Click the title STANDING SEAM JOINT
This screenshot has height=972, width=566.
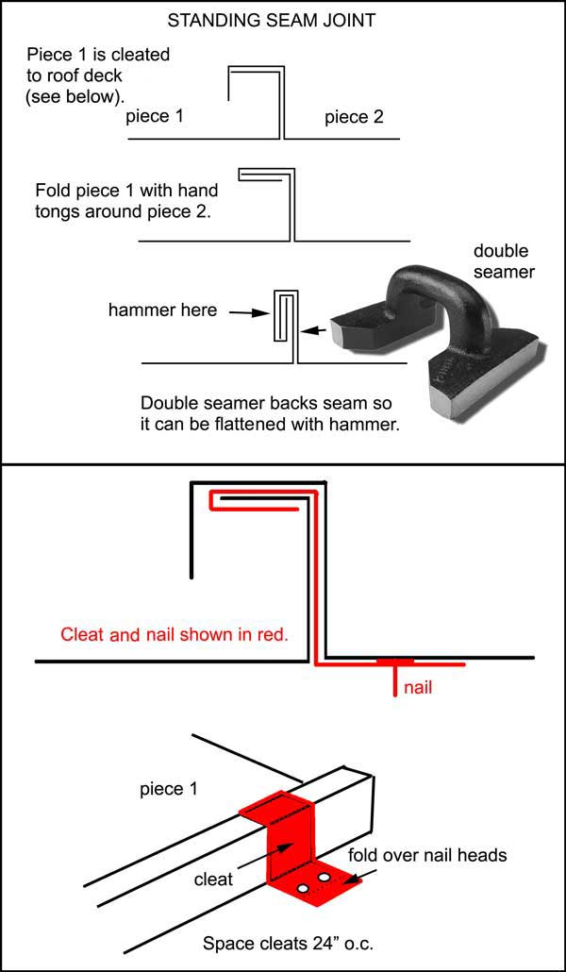(x=282, y=18)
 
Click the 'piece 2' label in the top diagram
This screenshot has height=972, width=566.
(x=354, y=117)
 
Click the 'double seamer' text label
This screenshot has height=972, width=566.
(x=501, y=261)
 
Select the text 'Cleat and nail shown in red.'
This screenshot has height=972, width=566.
(x=174, y=634)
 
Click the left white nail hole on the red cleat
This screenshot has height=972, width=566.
(x=303, y=889)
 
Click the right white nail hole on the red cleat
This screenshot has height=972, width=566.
(x=325, y=879)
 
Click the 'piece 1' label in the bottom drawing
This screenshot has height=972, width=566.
(x=168, y=788)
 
